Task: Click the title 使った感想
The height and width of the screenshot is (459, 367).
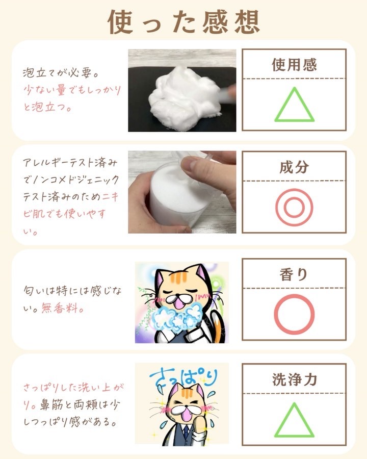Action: coord(184,22)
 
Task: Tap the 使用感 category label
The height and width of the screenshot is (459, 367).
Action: coord(294,65)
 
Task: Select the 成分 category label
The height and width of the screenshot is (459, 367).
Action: coord(294,167)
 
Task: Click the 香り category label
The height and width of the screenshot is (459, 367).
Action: coord(294,274)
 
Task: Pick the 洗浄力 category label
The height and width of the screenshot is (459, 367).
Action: coord(295,379)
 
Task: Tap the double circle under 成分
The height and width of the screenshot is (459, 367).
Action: coord(294,207)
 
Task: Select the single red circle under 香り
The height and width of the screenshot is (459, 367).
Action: coord(294,314)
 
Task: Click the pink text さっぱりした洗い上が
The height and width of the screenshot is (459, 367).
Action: coord(73,387)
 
